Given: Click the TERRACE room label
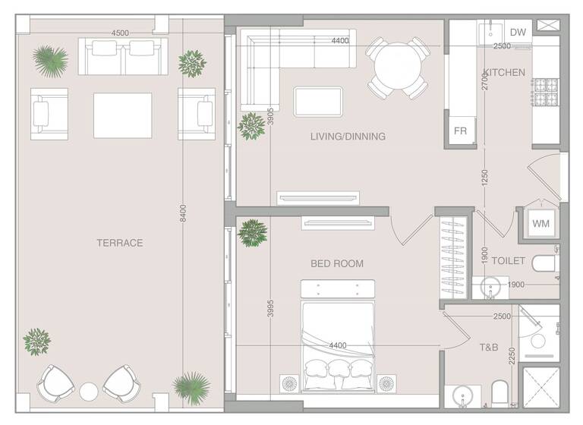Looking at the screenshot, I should click(119, 243).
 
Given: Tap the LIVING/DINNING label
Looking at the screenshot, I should click(348, 137).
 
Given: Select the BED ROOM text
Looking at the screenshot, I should click(337, 263).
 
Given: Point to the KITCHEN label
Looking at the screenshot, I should click(504, 73).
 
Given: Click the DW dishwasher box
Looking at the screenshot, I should click(518, 32).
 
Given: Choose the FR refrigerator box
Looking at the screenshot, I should click(461, 131).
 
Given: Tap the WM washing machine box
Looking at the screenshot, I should click(540, 223).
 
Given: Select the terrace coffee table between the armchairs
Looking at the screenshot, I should click(122, 115).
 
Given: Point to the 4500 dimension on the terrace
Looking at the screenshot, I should click(120, 33).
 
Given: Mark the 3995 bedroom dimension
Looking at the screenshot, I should click(271, 312).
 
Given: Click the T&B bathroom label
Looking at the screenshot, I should click(488, 348).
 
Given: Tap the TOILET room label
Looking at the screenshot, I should click(508, 260).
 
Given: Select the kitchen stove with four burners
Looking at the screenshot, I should click(545, 93).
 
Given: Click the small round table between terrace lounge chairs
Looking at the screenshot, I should click(90, 392).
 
